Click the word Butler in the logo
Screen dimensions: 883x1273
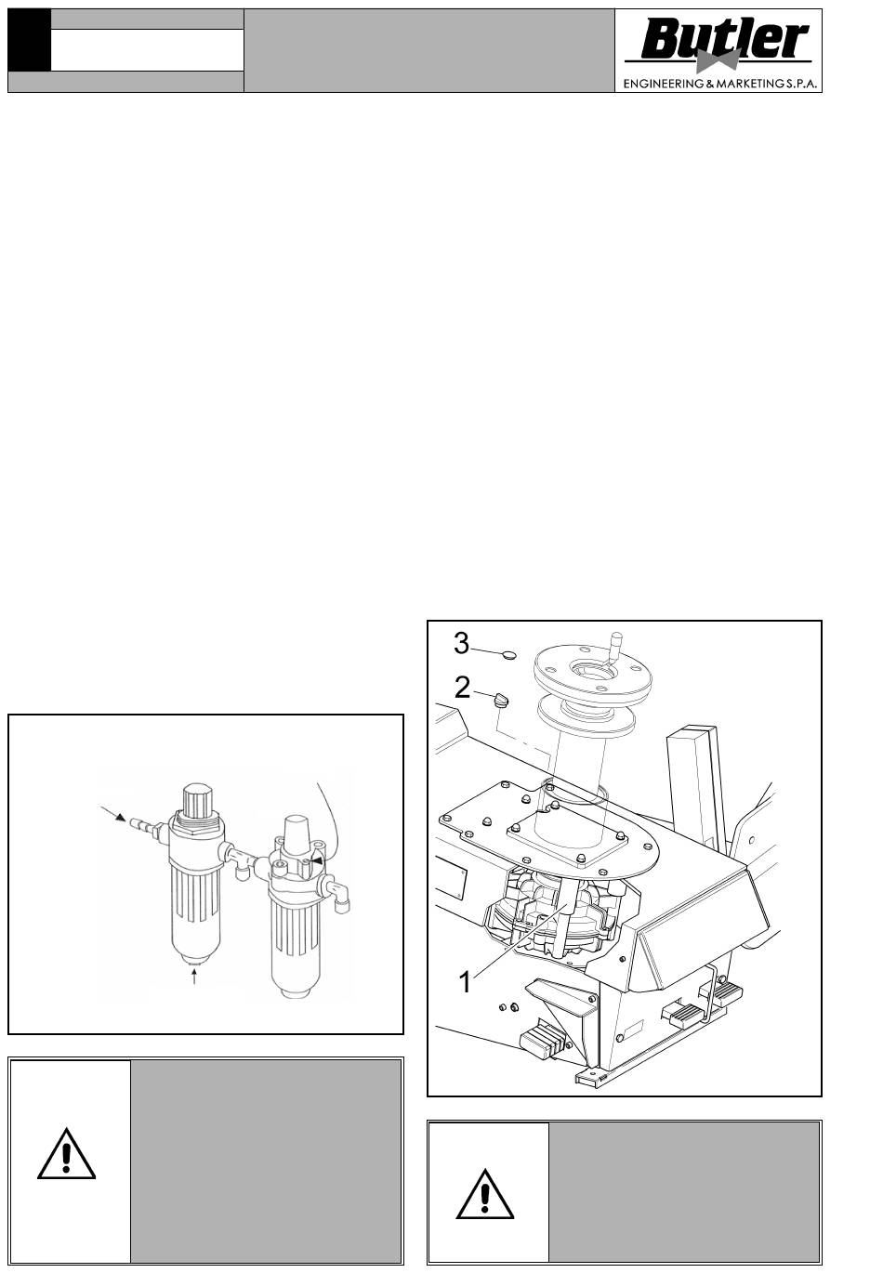[725, 39]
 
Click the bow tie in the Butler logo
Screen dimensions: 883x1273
[718, 60]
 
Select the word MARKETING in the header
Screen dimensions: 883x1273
[751, 85]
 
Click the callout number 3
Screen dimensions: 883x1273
[461, 644]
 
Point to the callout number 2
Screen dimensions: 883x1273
[462, 689]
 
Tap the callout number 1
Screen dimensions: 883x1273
[465, 982]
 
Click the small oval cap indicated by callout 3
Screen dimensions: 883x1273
[510, 656]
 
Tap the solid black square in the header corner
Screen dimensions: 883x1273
[29, 40]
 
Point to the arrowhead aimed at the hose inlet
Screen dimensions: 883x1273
[119, 818]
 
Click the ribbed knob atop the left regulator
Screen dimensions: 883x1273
[197, 800]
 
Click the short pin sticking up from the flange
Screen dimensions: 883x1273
[614, 647]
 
